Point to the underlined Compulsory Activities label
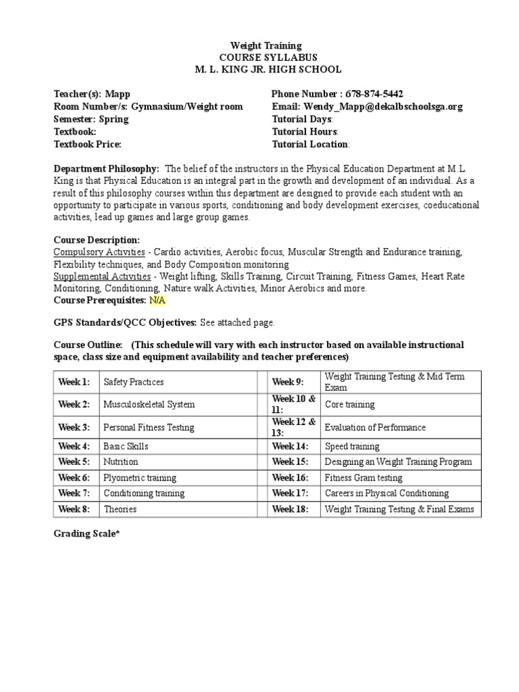click(x=99, y=252)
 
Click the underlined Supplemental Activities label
click(x=102, y=276)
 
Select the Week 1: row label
click(x=74, y=382)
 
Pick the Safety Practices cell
click(x=134, y=382)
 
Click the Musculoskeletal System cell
click(x=149, y=405)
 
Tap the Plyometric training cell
click(x=140, y=478)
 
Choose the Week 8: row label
click(x=74, y=510)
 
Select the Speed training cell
click(x=352, y=447)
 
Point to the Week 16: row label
click(x=290, y=478)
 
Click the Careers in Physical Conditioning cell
click(x=387, y=493)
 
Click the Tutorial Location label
click(x=310, y=144)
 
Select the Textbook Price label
click(x=87, y=144)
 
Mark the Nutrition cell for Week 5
click(x=121, y=462)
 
